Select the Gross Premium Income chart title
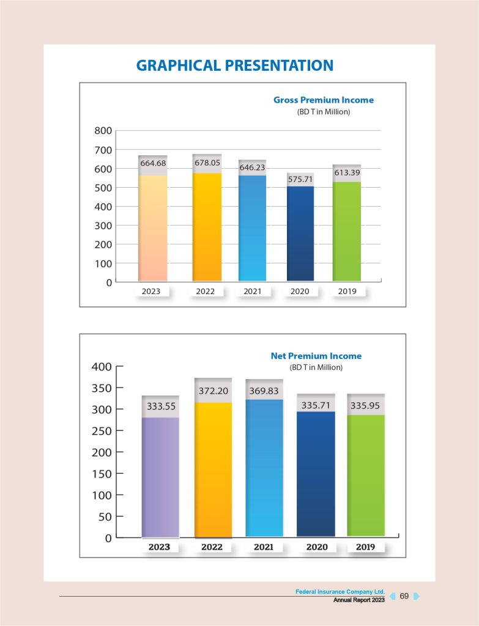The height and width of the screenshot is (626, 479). tap(323, 100)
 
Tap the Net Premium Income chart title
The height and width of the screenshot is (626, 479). tap(316, 356)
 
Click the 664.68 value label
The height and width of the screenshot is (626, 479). tap(153, 163)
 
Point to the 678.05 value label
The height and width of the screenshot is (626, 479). tap(207, 163)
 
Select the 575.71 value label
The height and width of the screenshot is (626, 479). tap(300, 179)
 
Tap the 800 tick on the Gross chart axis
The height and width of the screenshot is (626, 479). tap(103, 131)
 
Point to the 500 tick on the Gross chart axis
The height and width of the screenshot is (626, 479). tap(103, 188)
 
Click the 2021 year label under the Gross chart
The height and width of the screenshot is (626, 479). tap(252, 291)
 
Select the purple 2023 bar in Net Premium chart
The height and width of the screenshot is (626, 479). tap(160, 477)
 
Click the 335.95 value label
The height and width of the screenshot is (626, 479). tap(365, 405)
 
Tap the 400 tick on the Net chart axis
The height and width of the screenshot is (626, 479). tap(102, 367)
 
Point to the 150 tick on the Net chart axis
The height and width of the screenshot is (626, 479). tap(102, 474)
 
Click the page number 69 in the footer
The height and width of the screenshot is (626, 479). tap(404, 595)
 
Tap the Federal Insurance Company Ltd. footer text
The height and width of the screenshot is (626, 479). tap(340, 592)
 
